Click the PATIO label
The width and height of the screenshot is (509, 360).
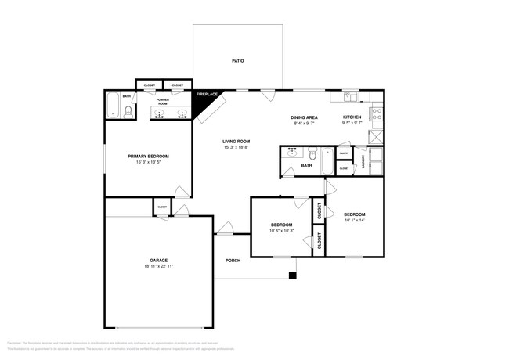[x=236, y=59]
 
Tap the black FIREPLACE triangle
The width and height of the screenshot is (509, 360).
[x=206, y=99]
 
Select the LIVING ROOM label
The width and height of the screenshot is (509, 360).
[x=236, y=142]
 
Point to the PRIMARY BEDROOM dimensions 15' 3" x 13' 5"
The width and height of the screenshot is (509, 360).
[x=148, y=163]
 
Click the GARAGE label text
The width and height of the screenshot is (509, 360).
[x=159, y=260]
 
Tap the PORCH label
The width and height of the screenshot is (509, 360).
[x=233, y=260]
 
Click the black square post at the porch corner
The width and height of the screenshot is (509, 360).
[x=292, y=275]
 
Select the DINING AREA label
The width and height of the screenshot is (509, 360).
[x=304, y=117]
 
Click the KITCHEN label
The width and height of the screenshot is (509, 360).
[x=352, y=117]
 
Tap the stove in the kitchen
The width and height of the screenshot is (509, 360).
[x=376, y=116]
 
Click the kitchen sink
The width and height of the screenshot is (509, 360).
[x=351, y=98]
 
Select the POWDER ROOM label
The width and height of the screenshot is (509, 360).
[x=163, y=100]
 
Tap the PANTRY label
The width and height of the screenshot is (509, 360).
[x=344, y=153]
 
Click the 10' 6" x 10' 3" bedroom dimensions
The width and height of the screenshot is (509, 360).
[x=281, y=231]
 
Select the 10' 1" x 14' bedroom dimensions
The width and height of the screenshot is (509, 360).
[x=354, y=220]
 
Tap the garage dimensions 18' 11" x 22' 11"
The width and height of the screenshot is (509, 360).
[x=159, y=266]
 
